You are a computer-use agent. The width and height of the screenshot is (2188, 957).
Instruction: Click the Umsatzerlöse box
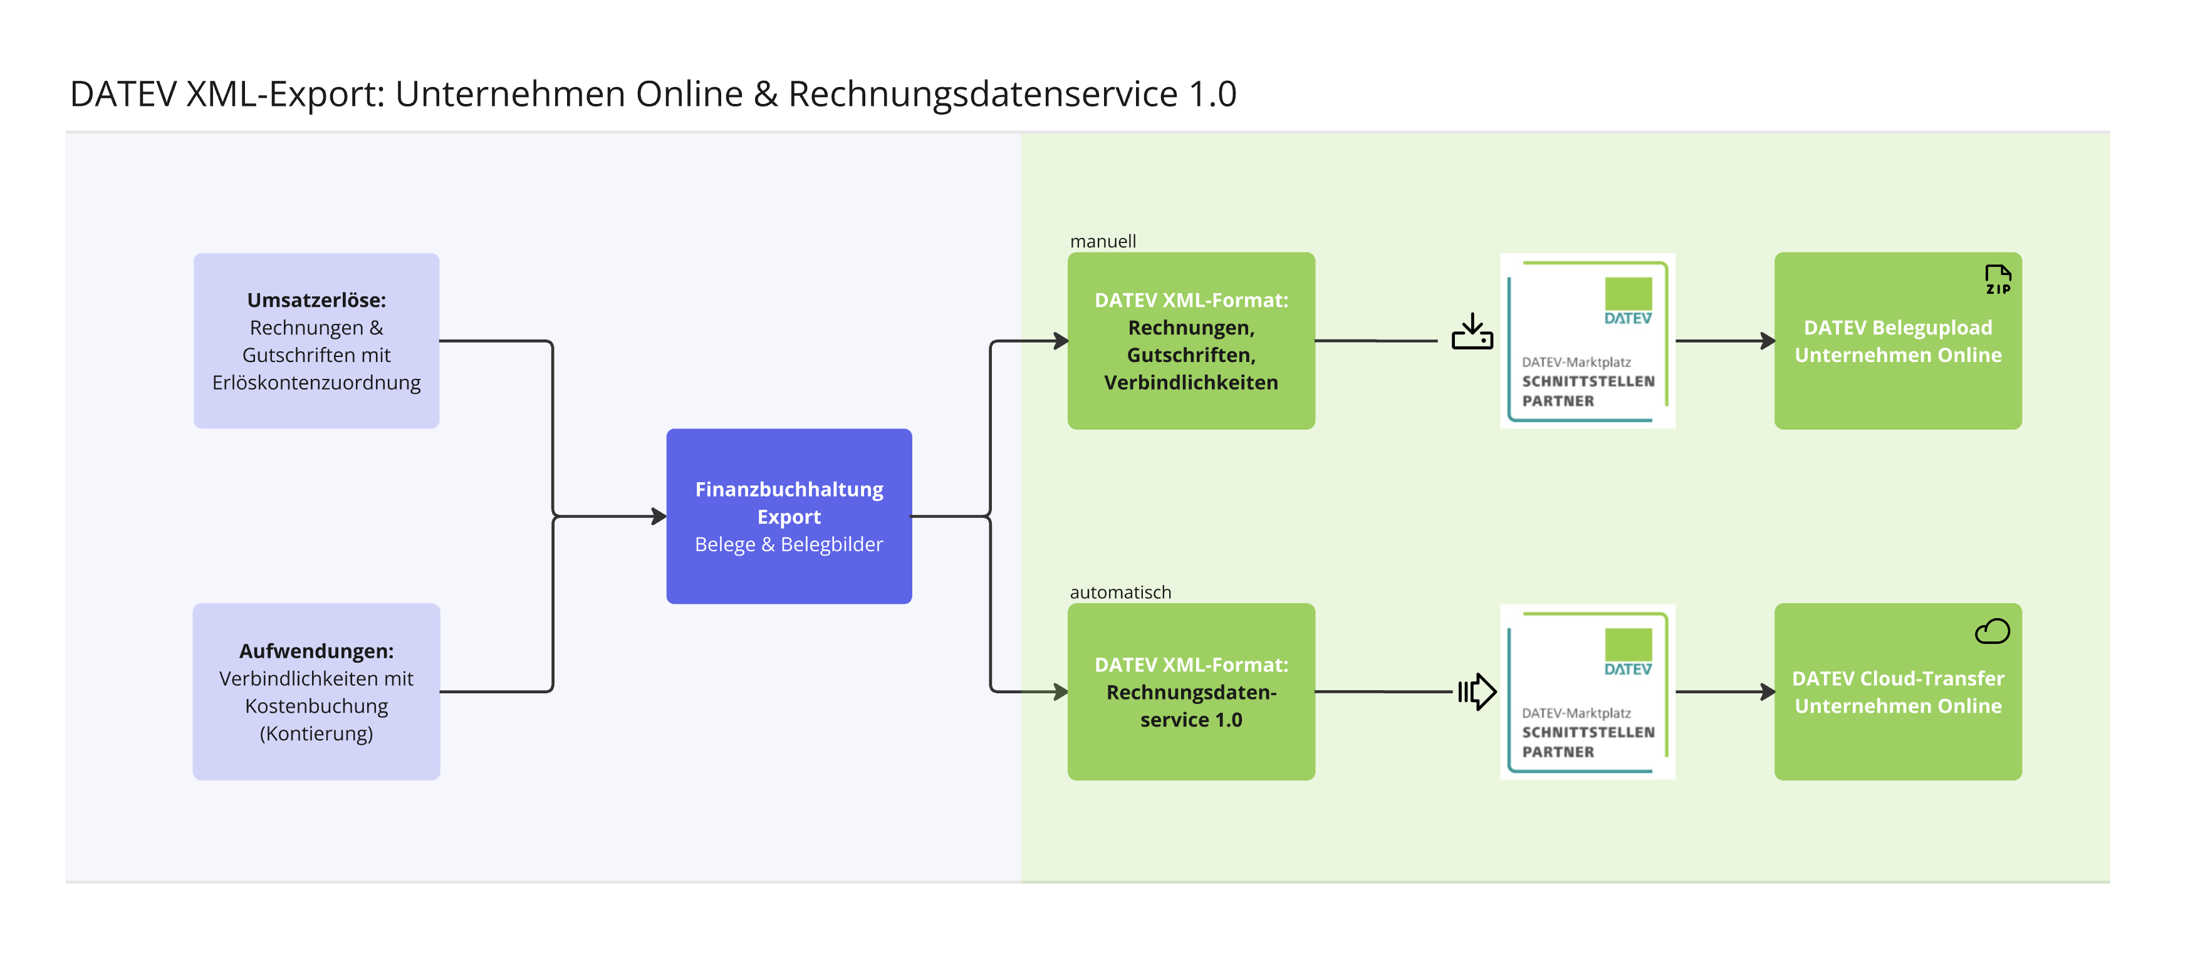[316, 341]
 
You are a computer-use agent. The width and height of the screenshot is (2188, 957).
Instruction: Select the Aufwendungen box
[316, 691]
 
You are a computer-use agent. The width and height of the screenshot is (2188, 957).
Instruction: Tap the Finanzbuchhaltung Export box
[788, 516]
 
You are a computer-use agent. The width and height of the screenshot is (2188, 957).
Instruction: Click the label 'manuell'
[1103, 241]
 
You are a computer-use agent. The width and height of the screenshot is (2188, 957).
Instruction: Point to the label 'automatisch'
[1120, 592]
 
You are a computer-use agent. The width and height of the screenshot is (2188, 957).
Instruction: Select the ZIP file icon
[1997, 279]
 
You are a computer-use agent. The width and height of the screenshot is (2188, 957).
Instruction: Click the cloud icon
[1992, 631]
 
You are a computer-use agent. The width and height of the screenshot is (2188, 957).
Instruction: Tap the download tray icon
[1472, 332]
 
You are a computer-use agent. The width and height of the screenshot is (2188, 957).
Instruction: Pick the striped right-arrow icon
[1476, 691]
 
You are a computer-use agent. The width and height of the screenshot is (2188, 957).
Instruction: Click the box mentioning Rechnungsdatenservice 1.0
[1191, 691]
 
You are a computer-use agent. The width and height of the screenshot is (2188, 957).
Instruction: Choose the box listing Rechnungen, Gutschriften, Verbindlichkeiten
[1191, 341]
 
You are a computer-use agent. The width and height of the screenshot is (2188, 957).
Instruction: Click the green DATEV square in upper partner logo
[1627, 294]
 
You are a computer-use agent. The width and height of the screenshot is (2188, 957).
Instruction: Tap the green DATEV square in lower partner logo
[1627, 644]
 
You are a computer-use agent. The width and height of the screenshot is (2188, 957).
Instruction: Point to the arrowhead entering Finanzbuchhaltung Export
[659, 515]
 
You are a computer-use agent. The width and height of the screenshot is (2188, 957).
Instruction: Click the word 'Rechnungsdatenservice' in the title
[982, 93]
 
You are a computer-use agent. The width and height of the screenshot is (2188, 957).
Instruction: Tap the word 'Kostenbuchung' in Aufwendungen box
[316, 706]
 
